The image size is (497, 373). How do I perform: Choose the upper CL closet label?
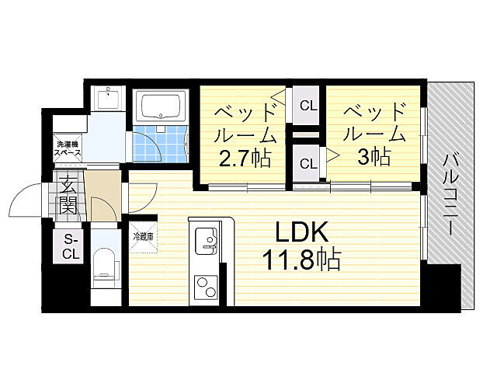click(308, 105)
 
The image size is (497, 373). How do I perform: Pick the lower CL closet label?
click(308, 164)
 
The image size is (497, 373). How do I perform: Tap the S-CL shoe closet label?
click(71, 246)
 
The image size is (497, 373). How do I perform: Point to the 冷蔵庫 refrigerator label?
click(144, 236)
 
